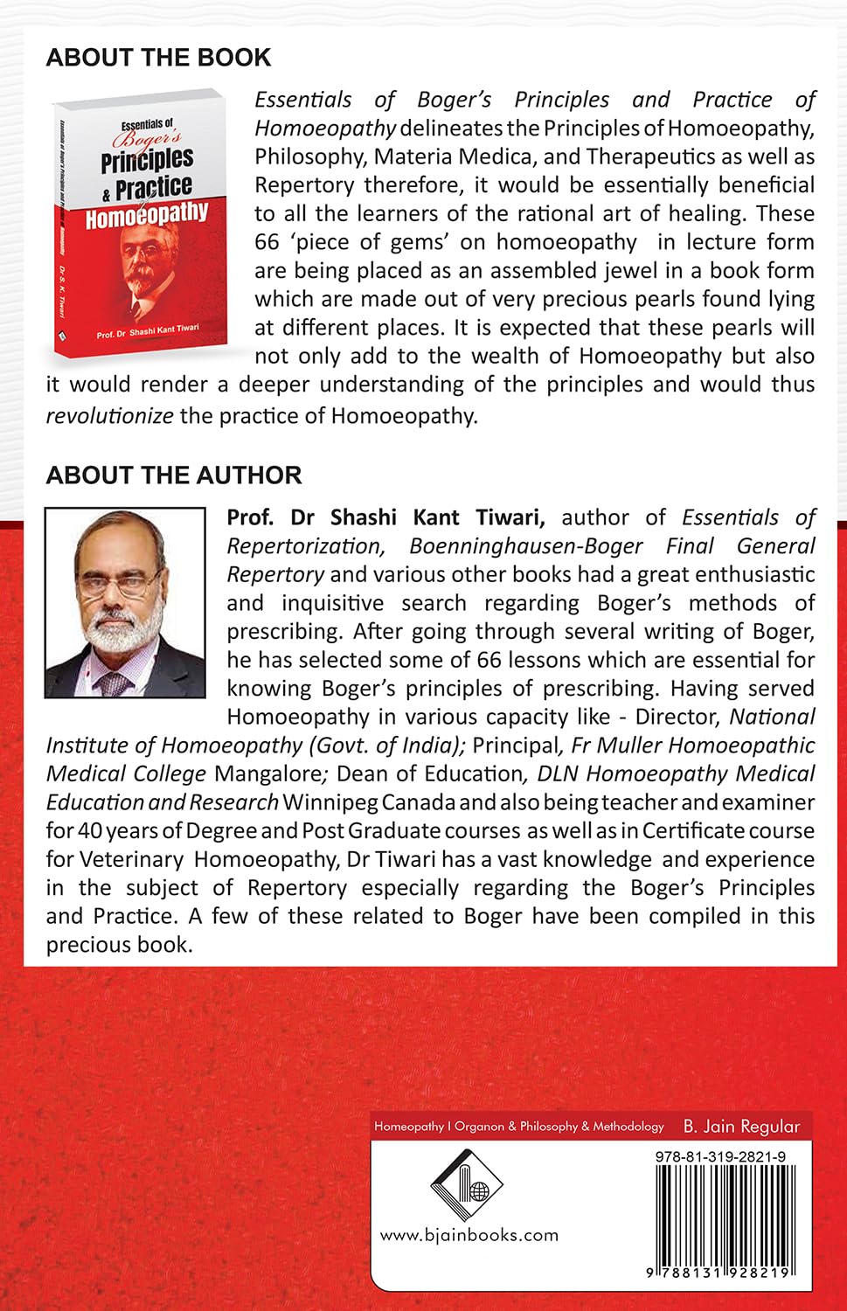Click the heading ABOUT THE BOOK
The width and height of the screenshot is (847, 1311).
click(x=158, y=58)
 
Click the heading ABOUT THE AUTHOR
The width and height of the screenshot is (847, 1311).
click(x=173, y=475)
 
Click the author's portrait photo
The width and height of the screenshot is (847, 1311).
click(x=125, y=602)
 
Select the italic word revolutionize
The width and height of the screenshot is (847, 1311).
click(x=109, y=415)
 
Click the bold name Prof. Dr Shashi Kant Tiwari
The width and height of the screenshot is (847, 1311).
click(x=385, y=517)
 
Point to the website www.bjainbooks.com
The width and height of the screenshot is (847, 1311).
click(x=469, y=1235)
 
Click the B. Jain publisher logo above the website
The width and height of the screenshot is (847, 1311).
click(x=467, y=1183)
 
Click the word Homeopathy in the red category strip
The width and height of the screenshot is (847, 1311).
click(x=408, y=1127)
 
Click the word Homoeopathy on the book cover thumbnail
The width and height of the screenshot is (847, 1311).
click(x=147, y=214)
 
